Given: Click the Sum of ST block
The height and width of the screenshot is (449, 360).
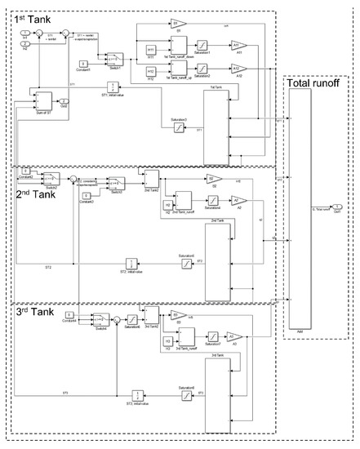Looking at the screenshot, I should [x=42, y=101].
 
